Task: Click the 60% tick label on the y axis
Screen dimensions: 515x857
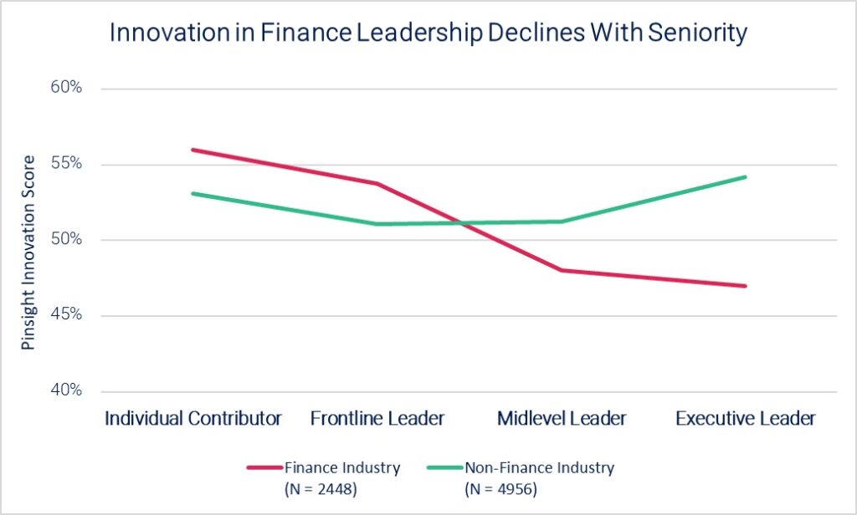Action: pos(65,88)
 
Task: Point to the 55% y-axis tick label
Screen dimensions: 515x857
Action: pos(65,164)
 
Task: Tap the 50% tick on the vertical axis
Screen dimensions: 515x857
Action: pos(65,240)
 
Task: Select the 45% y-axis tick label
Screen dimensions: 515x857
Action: pos(65,315)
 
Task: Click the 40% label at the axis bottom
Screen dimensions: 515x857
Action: pos(65,391)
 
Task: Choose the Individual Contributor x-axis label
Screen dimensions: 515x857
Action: pos(193,418)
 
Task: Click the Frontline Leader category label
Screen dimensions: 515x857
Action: pos(377,418)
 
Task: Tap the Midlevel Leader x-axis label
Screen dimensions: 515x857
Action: pos(562,418)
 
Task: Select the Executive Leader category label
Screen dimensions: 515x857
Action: pos(746,418)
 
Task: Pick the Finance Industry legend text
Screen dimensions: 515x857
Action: pos(341,467)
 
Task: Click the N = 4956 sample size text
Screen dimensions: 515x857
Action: pos(501,487)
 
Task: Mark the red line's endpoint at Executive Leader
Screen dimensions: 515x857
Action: pos(746,286)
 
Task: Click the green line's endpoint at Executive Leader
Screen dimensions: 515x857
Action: pos(746,176)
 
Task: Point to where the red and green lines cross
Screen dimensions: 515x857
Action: pos(458,223)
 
